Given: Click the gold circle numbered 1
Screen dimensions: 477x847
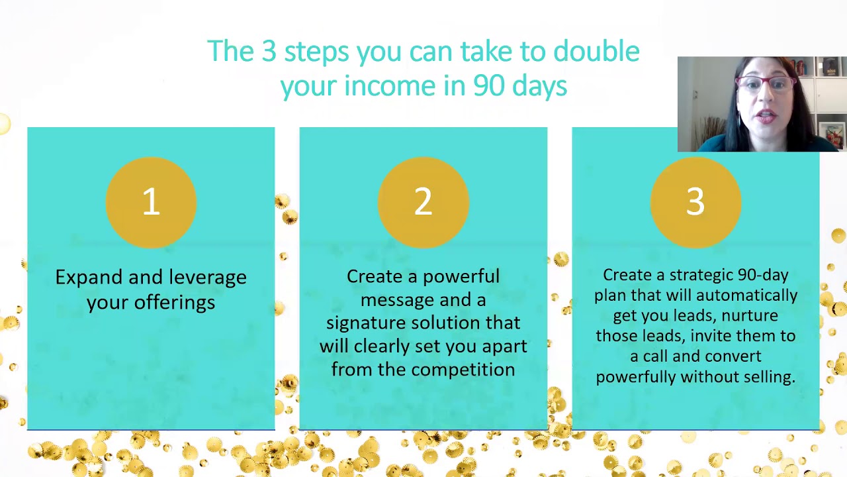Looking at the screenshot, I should tap(151, 202).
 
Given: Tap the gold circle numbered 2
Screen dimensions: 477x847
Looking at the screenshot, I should tap(423, 202).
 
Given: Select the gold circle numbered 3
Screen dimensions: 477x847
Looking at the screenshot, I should tap(695, 202).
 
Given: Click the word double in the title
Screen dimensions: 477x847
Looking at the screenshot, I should tap(596, 52).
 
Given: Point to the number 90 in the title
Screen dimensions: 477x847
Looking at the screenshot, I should tap(486, 86).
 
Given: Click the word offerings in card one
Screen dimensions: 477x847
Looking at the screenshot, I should tap(174, 303).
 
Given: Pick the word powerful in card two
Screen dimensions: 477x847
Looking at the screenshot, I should tap(461, 277).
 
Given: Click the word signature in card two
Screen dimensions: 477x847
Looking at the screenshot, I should tap(365, 323).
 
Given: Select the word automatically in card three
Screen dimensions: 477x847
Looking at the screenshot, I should tap(746, 295).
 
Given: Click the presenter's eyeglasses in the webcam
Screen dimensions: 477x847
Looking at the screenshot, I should tap(765, 84).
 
